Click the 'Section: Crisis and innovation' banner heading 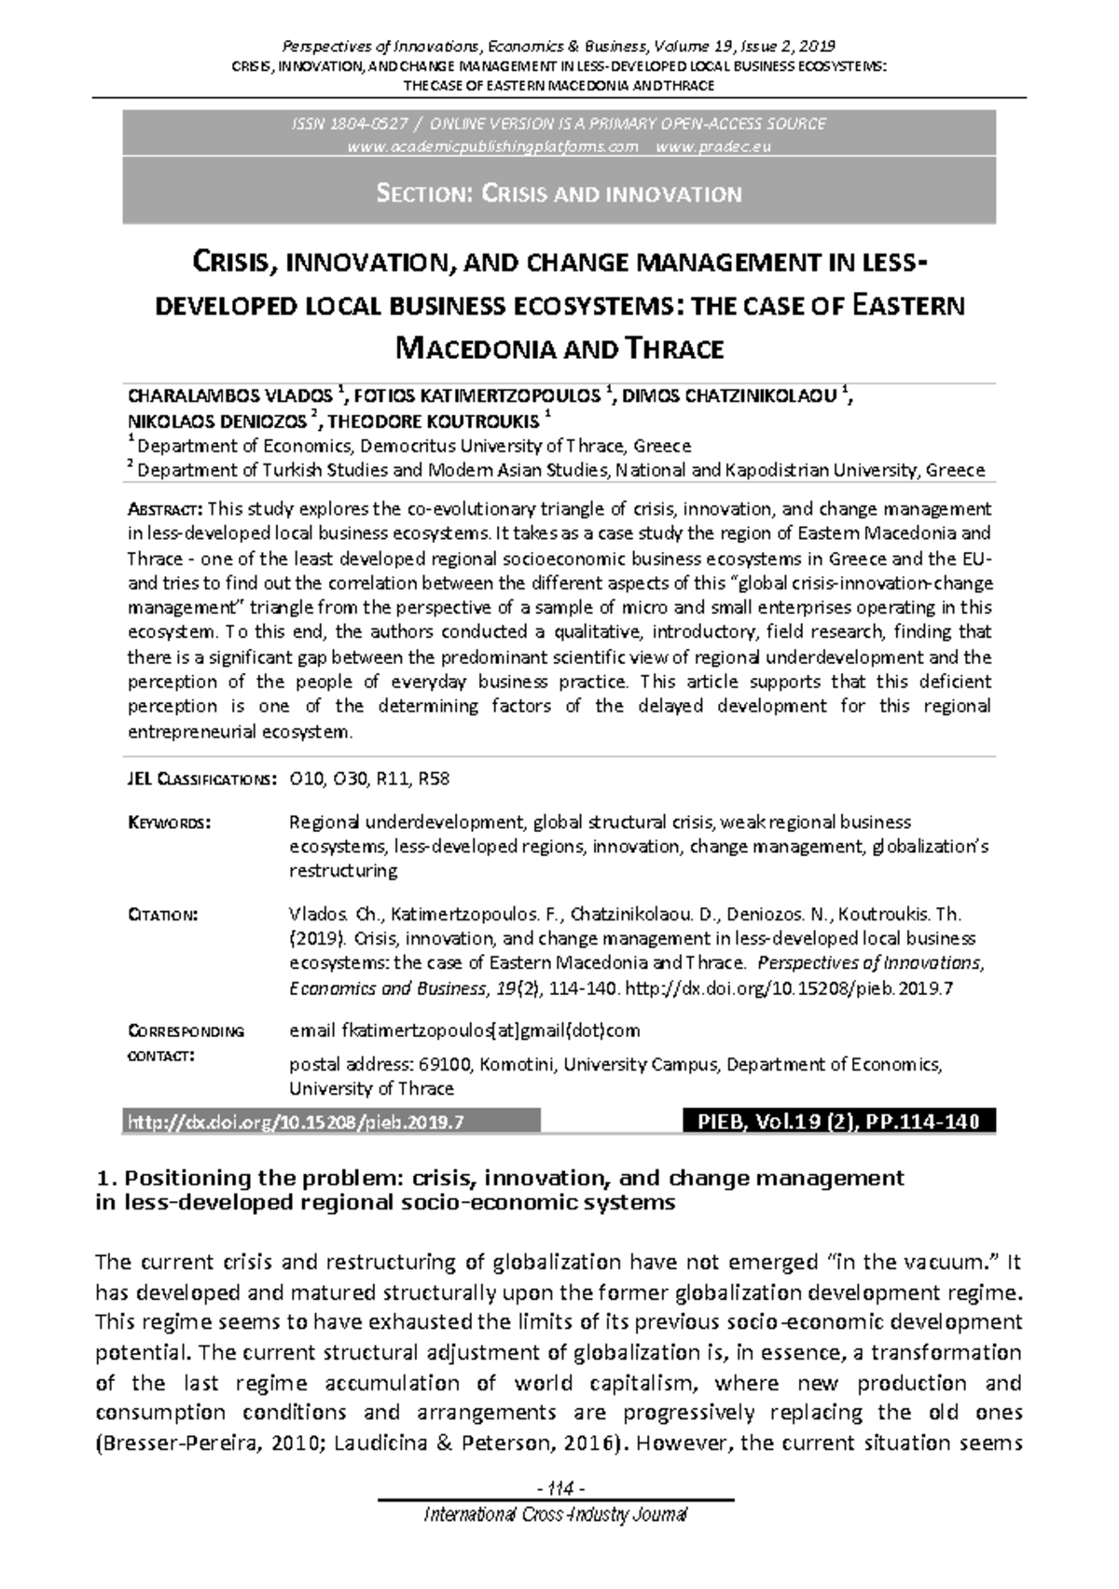559,194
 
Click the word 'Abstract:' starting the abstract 164,509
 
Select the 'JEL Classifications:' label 200,779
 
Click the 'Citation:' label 162,914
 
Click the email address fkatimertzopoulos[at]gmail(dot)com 464,1030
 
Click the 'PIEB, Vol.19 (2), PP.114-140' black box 838,1122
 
